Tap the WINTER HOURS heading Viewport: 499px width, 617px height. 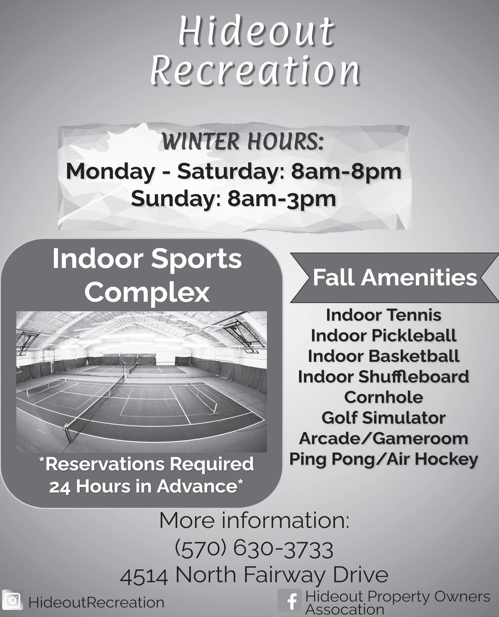[242, 142]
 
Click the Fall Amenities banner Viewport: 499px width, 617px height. [395, 277]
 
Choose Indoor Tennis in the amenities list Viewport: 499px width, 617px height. [384, 315]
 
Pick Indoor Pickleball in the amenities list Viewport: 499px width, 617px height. [384, 336]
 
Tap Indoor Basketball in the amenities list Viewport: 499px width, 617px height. [384, 356]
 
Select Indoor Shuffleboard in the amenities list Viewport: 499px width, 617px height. [384, 377]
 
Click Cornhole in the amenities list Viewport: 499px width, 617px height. [384, 397]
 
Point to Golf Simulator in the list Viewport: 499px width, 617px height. [384, 418]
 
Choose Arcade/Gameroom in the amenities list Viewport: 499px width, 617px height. [384, 438]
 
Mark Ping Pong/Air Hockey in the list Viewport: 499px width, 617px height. [384, 460]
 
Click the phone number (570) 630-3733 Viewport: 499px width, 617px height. [254, 549]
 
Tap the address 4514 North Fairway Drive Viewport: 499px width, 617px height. [254, 576]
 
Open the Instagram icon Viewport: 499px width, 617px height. [12, 600]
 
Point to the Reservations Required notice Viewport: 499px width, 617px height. [146, 475]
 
